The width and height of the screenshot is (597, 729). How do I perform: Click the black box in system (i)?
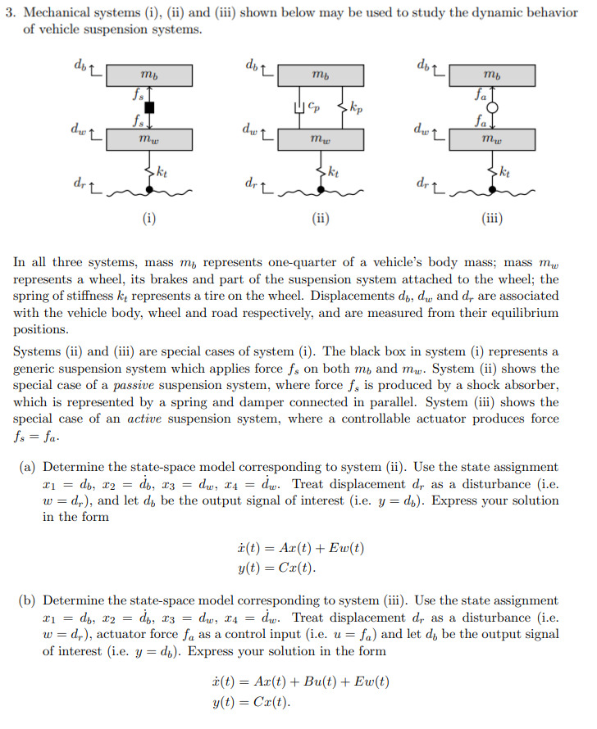[x=149, y=107]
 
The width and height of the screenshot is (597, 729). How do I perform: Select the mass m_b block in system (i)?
[x=149, y=76]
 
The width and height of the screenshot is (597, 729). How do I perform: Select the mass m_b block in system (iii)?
[x=492, y=76]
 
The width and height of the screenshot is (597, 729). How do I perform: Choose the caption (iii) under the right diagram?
[x=492, y=219]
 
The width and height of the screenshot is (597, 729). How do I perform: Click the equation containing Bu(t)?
[x=300, y=681]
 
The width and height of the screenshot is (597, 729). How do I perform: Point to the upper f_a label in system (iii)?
[x=481, y=95]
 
